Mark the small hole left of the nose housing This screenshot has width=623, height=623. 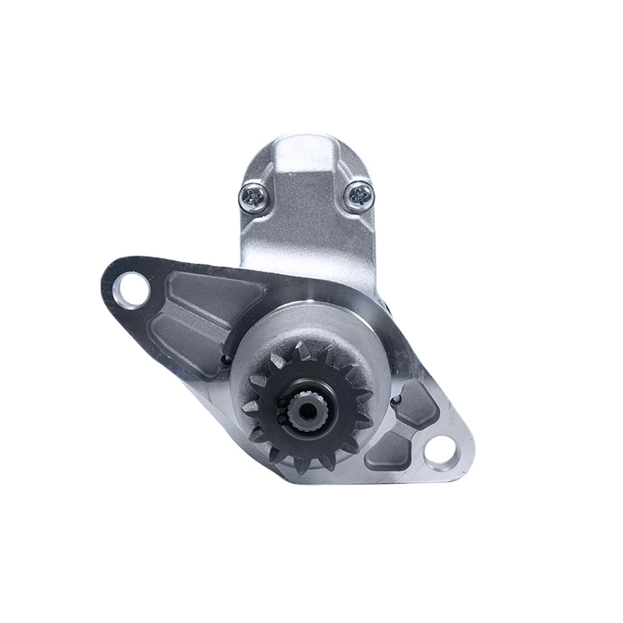[x=224, y=358]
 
